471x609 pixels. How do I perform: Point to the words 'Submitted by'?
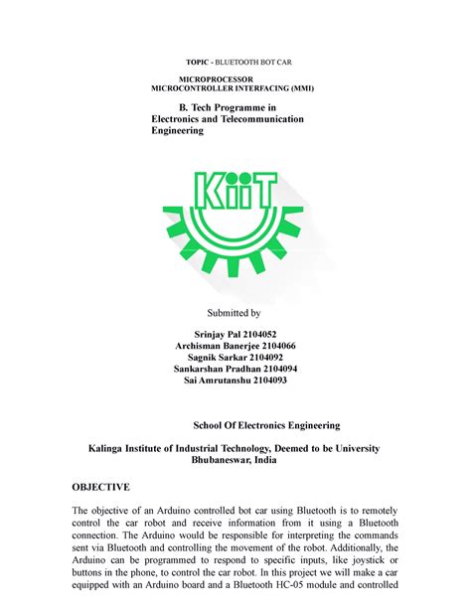(x=235, y=312)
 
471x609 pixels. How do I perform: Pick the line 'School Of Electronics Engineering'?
(x=265, y=424)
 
